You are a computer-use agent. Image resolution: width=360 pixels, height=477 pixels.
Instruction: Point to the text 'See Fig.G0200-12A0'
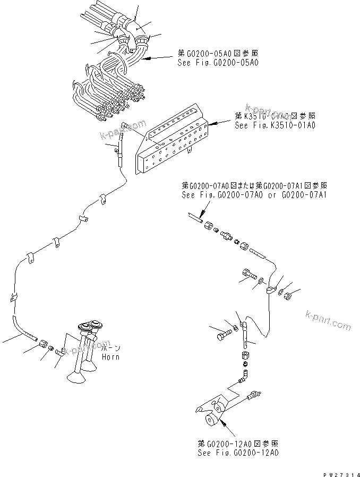tap(237, 453)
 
